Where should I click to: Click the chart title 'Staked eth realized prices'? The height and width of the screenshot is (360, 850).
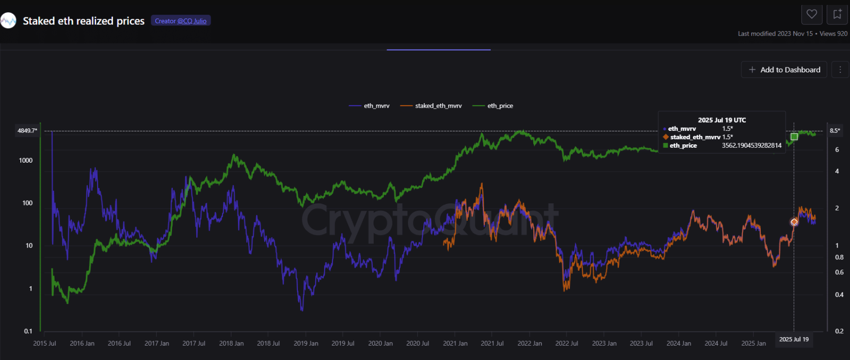(x=83, y=21)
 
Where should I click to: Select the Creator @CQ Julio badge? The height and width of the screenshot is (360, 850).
(x=180, y=21)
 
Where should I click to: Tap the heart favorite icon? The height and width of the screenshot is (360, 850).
(x=812, y=14)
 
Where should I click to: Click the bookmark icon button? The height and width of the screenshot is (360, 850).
(x=837, y=14)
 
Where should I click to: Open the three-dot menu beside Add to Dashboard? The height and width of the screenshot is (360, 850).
(x=840, y=70)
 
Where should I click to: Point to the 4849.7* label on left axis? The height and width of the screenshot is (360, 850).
(x=27, y=131)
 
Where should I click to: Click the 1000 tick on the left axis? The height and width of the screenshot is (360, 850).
(x=26, y=160)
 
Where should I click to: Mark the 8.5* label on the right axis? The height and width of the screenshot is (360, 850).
(x=835, y=131)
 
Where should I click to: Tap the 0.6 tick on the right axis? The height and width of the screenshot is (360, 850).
(x=839, y=272)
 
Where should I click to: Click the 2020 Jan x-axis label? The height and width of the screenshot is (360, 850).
(x=380, y=343)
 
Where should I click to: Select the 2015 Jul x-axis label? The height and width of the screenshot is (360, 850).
(x=45, y=343)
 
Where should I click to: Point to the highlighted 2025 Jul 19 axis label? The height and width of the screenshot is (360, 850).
(x=793, y=340)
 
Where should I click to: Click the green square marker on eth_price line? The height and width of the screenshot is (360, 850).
(x=794, y=136)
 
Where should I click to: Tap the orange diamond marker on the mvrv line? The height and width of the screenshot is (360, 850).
(x=794, y=222)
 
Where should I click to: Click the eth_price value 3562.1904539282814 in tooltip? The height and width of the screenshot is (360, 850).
(x=751, y=146)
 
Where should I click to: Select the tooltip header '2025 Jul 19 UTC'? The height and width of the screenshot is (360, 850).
(x=722, y=120)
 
